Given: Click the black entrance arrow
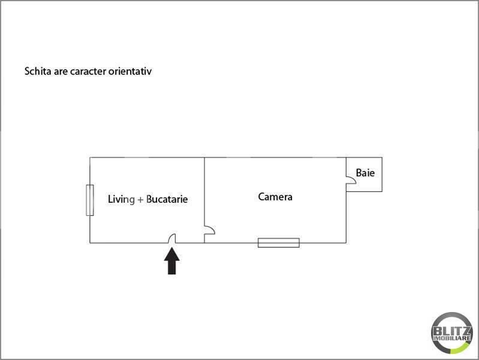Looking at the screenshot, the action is pos(171,261).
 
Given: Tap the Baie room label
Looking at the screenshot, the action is pos(365,173).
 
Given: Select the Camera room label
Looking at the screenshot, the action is pos(275,197).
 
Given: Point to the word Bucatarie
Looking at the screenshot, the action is pos(167,199).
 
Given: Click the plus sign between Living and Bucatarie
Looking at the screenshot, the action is pos(140,200).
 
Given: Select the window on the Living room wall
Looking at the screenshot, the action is pos(90,200).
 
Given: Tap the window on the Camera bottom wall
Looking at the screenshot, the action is pos(279,243).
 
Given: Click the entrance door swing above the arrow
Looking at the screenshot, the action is pos(171,238).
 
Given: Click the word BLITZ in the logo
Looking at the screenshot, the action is pos(452,331).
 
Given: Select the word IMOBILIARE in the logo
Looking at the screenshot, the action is pos(452,338).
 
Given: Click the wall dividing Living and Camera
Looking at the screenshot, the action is pos(204,200).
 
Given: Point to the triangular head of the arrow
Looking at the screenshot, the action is pos(171,254).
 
